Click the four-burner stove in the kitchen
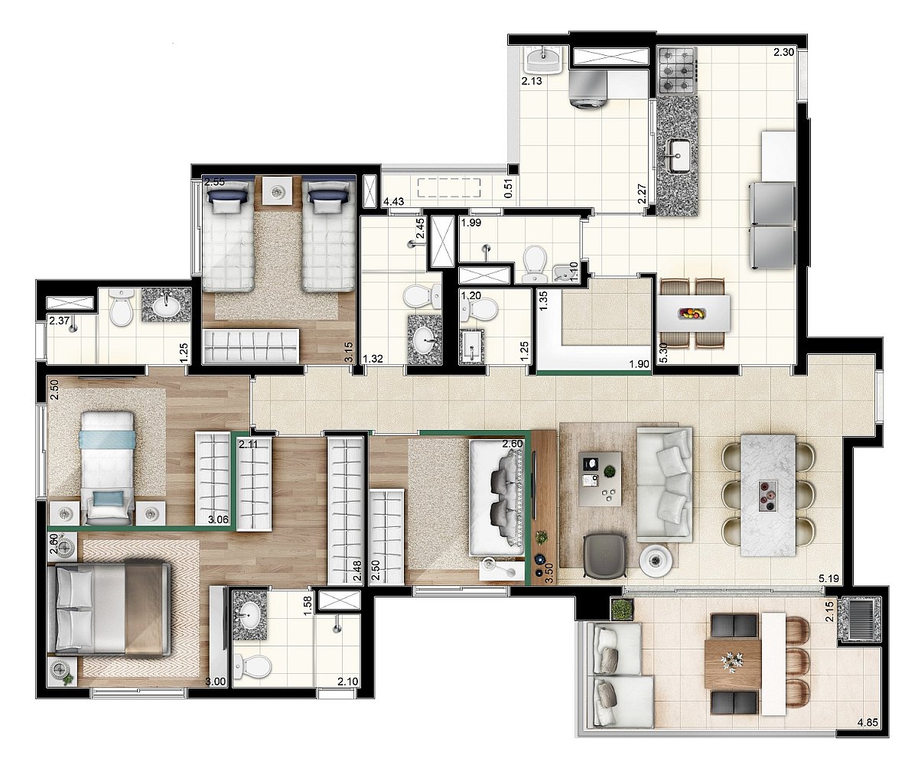(677, 71)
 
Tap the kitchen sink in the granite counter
(678, 155)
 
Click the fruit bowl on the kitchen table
(692, 313)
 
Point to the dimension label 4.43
(393, 202)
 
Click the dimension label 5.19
(828, 578)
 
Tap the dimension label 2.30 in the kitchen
(783, 52)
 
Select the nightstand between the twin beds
(276, 190)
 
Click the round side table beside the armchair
(656, 560)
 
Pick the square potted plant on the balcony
(622, 610)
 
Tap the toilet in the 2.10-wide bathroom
(252, 666)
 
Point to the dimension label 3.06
(218, 519)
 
